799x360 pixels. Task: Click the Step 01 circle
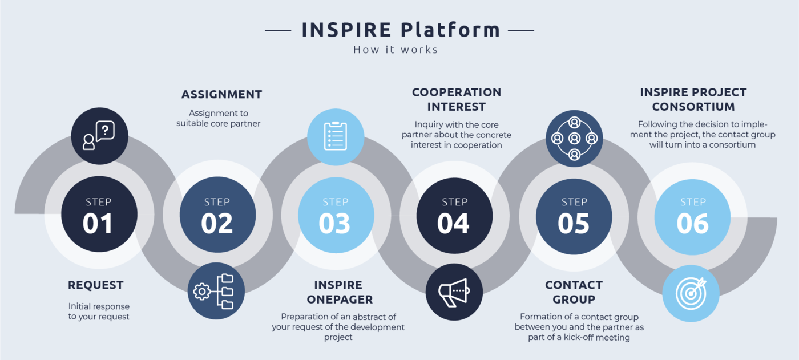[99, 214]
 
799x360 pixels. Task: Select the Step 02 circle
[217, 215]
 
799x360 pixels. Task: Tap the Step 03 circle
[336, 215]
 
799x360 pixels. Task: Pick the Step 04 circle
[454, 216]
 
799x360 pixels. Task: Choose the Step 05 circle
[574, 217]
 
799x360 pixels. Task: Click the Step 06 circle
[692, 217]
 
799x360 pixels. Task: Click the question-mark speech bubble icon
[99, 135]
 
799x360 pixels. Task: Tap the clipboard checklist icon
[336, 136]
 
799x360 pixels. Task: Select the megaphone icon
[454, 292]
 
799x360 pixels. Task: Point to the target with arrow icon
[691, 293]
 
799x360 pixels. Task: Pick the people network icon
[574, 138]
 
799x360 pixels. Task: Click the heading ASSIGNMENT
[222, 95]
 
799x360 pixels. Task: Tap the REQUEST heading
[96, 285]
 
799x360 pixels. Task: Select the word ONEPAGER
[340, 300]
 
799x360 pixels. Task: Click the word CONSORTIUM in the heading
[693, 107]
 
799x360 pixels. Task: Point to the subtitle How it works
[396, 50]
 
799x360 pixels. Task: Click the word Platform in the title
[450, 29]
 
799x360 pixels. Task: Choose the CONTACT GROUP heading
[574, 292]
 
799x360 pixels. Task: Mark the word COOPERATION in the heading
[457, 92]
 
